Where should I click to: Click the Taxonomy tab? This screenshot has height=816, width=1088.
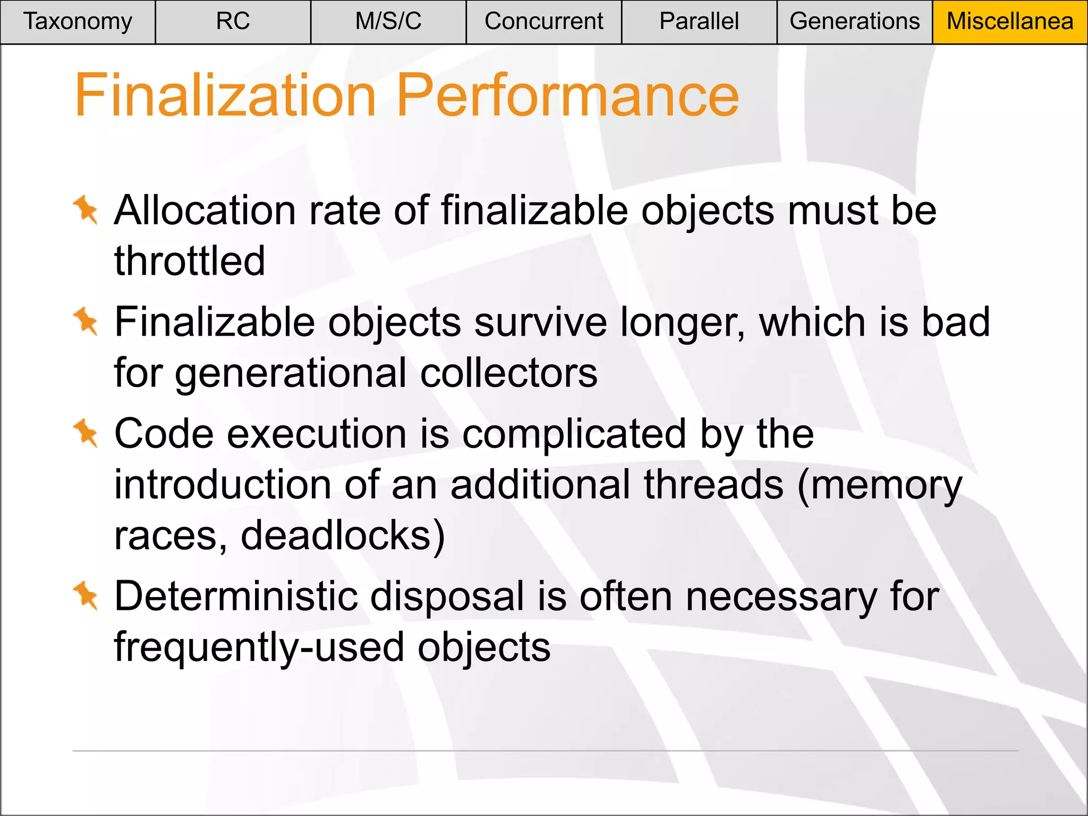pos(78,22)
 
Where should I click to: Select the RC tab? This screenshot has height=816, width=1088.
pos(233,22)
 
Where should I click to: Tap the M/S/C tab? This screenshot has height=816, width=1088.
pos(388,22)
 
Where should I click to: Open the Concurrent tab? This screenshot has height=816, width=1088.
pos(543,22)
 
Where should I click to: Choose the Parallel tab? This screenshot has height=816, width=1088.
pos(699,22)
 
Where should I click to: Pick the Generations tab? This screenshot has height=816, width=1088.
pos(854,22)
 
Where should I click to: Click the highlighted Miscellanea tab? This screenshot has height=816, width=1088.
pos(1010,22)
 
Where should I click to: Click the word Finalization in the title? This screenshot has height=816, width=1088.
pos(226,96)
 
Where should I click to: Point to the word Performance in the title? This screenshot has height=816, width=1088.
pos(567,96)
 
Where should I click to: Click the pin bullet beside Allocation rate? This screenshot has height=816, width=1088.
pos(86,210)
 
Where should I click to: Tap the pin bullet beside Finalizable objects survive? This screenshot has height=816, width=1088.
pos(86,321)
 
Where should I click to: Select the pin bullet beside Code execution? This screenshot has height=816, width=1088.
pos(86,433)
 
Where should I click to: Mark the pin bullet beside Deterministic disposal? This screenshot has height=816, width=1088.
pos(86,596)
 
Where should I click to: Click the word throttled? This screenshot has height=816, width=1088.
pos(190,261)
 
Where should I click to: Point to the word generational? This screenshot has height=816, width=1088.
pos(291,373)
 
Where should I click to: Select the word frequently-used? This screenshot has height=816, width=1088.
pos(259,647)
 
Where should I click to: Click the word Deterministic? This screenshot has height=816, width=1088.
pos(236,596)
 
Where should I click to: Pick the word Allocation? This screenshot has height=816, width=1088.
pos(205,210)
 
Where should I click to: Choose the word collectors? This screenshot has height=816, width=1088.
pos(509,372)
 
